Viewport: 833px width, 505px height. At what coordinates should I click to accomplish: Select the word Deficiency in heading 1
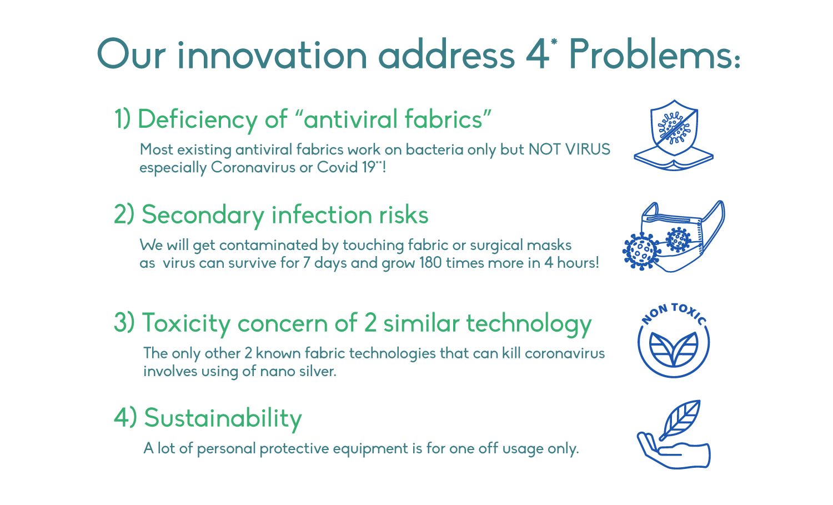198,120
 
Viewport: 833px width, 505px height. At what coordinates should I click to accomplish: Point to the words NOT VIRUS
569,149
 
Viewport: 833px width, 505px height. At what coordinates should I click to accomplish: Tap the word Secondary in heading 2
203,216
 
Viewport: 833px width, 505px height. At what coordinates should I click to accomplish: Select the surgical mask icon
683,236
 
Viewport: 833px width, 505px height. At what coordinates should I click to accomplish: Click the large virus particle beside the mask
641,251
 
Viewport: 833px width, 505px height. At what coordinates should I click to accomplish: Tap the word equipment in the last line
370,449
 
